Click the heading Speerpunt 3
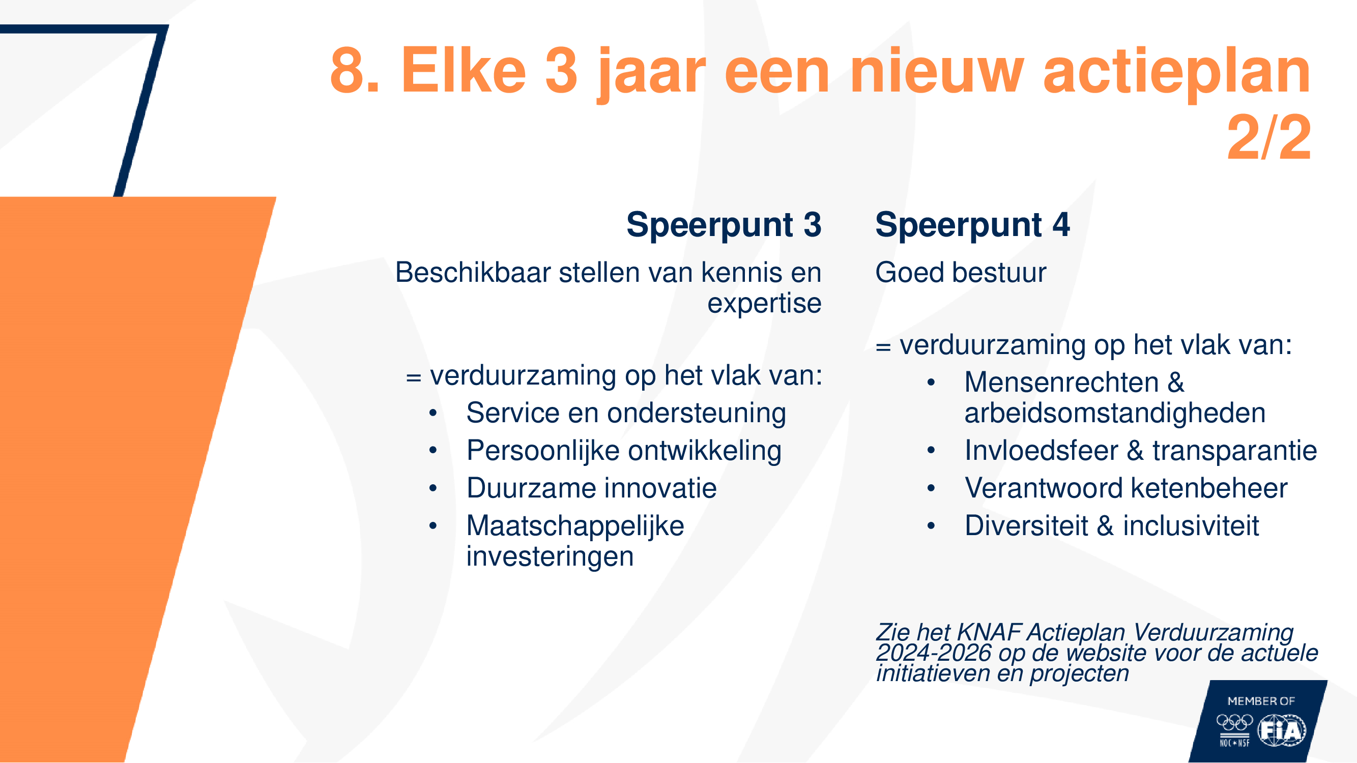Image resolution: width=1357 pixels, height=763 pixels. (724, 225)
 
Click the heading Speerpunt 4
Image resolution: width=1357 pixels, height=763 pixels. (972, 225)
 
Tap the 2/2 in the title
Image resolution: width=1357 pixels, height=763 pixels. (1268, 137)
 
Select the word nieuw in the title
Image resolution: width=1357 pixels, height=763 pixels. (937, 71)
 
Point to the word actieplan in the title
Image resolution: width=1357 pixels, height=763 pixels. (1177, 73)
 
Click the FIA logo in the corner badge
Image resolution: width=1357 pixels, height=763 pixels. (1282, 730)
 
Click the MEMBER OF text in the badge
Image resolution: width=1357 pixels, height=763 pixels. (1261, 701)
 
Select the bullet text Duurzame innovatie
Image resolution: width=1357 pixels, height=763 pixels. (592, 488)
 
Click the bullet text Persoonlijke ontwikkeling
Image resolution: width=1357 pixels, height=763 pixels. (624, 451)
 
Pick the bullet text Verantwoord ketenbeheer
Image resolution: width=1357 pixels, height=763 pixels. (1127, 488)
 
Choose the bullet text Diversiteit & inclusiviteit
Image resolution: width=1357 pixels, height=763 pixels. (1112, 526)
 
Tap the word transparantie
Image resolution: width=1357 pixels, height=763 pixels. (1235, 451)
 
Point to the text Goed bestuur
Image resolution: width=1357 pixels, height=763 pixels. (961, 273)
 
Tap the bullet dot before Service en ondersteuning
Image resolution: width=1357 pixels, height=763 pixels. (433, 414)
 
